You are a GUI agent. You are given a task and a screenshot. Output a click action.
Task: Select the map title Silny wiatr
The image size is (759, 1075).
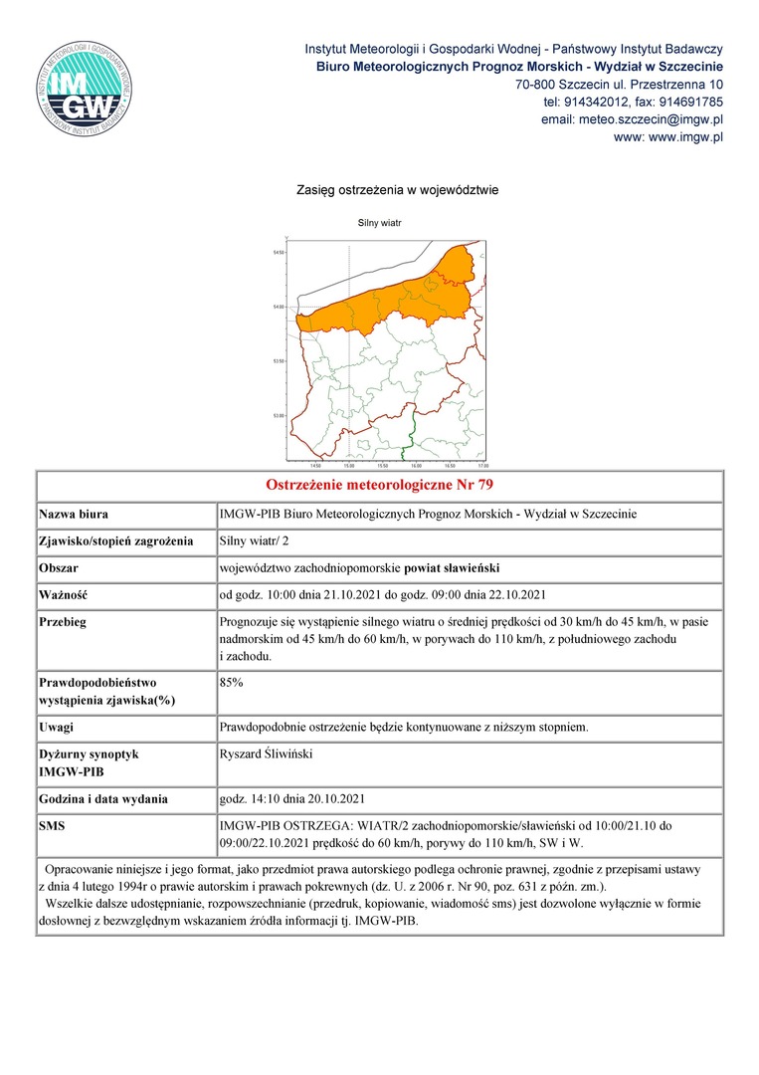[379, 223]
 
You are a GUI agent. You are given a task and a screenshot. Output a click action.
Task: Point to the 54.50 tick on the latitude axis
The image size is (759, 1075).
[280, 253]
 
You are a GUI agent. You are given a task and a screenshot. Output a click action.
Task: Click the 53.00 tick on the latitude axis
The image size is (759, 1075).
[280, 415]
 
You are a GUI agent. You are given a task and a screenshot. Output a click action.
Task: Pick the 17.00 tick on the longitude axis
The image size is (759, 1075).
[483, 465]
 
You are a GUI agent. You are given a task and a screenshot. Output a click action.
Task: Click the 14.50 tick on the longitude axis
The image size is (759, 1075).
[314, 465]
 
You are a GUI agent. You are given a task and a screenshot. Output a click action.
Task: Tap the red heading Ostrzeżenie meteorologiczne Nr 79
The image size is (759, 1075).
[380, 486]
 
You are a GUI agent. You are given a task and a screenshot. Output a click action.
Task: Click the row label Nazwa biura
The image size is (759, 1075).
[74, 515]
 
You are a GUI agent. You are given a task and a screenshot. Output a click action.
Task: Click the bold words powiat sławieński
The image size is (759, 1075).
[445, 568]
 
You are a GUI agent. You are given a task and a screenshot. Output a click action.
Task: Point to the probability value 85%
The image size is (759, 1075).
[231, 683]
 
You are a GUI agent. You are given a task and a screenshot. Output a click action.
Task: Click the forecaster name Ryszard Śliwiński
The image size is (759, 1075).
[266, 754]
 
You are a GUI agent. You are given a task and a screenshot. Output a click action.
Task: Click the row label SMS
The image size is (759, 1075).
[52, 825]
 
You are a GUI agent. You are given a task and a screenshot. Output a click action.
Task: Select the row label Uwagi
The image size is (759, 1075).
[56, 727]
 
